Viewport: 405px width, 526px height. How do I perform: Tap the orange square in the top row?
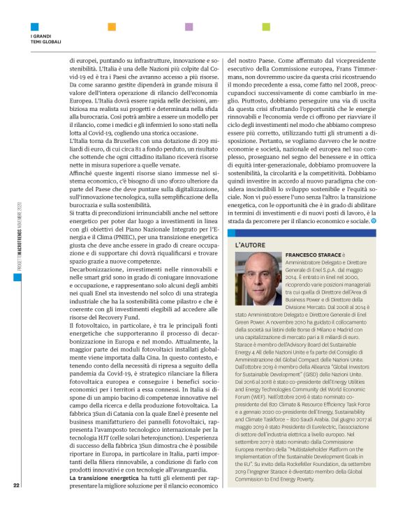point(111,27)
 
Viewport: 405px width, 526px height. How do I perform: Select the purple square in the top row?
point(189,27)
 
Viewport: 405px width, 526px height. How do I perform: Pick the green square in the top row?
point(265,27)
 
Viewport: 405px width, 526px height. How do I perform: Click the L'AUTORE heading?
point(249,246)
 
